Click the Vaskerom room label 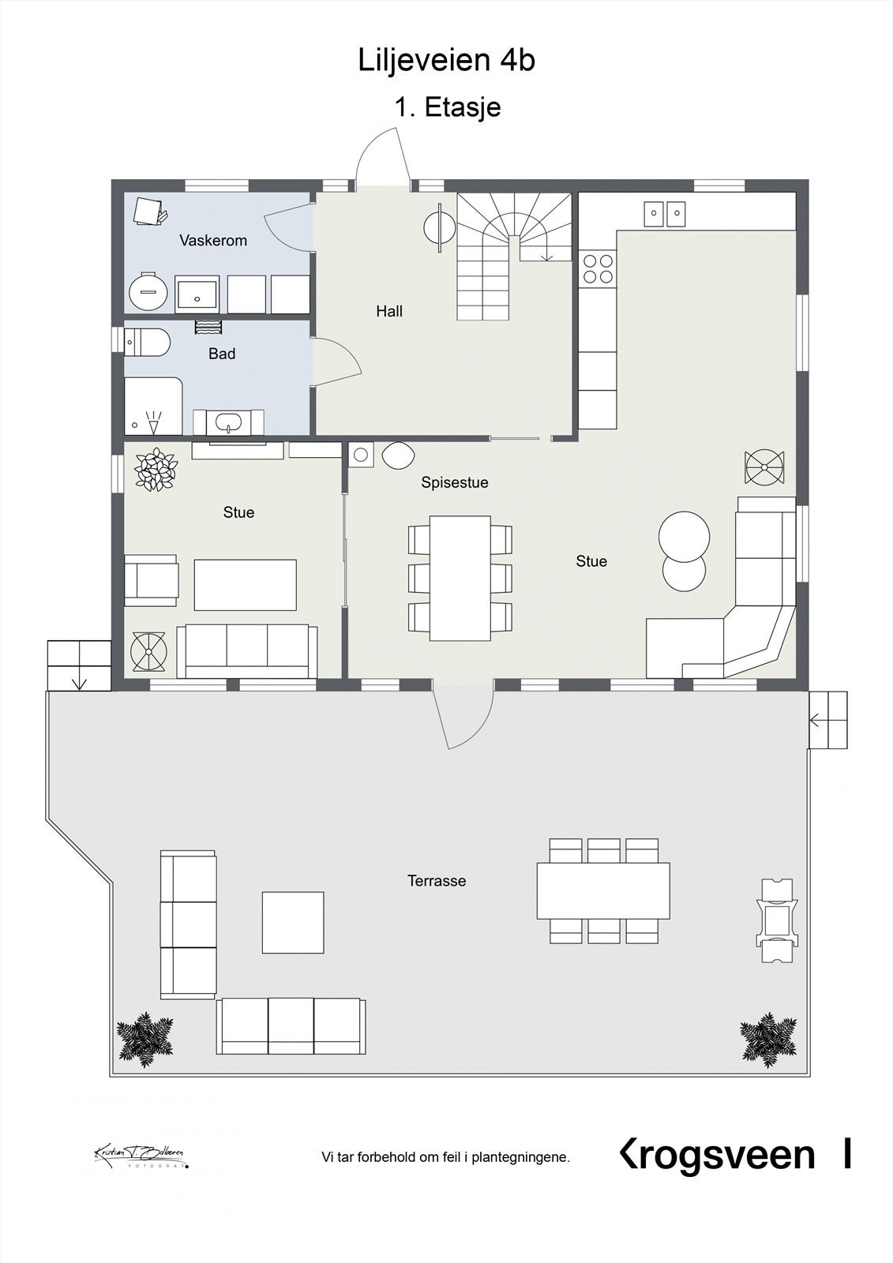coord(212,240)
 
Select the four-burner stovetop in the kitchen coord(597,268)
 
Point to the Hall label coord(388,311)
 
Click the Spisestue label coord(454,482)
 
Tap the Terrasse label coord(436,880)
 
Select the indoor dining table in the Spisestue coord(460,578)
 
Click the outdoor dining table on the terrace coord(603,890)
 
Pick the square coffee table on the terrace coord(293,922)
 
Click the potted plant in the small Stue coord(156,470)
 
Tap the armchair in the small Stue coord(151,580)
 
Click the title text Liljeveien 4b coord(446,60)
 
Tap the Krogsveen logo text coord(717,1155)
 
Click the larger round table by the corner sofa coord(684,536)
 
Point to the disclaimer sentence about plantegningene coord(445,1157)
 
